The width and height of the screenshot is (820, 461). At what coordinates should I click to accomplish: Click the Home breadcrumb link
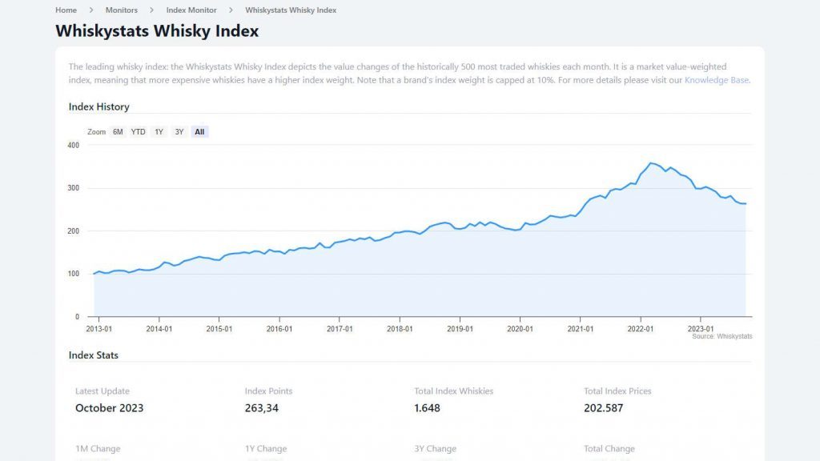(66, 10)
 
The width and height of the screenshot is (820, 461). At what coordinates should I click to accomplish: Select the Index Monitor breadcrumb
(191, 10)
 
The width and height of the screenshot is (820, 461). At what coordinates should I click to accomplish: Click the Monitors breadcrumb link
(122, 10)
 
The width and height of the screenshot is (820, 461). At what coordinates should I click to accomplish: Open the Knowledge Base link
(717, 80)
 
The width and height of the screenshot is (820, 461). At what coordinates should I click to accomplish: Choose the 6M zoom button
(118, 132)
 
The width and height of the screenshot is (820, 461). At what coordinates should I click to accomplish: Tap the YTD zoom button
(139, 132)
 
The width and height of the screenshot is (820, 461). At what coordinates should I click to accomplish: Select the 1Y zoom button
(159, 132)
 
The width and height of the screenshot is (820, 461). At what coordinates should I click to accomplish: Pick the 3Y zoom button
(179, 132)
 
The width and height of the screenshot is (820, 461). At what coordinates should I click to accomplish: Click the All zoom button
(199, 132)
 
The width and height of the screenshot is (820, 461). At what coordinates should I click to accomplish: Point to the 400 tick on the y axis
(74, 145)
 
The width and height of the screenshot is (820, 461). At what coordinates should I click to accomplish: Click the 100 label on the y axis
(74, 274)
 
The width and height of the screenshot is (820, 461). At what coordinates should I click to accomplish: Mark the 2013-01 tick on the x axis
(98, 328)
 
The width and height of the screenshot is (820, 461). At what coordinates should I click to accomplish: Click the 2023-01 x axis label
(701, 328)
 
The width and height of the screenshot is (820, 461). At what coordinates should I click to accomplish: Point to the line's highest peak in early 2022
(651, 163)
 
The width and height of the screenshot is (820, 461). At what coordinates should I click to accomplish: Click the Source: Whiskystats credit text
(722, 337)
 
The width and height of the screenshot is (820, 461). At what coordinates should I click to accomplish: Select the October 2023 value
(109, 408)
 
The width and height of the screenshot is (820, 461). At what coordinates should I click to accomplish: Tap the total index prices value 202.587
(603, 408)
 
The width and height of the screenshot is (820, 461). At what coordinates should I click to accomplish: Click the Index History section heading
(98, 106)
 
